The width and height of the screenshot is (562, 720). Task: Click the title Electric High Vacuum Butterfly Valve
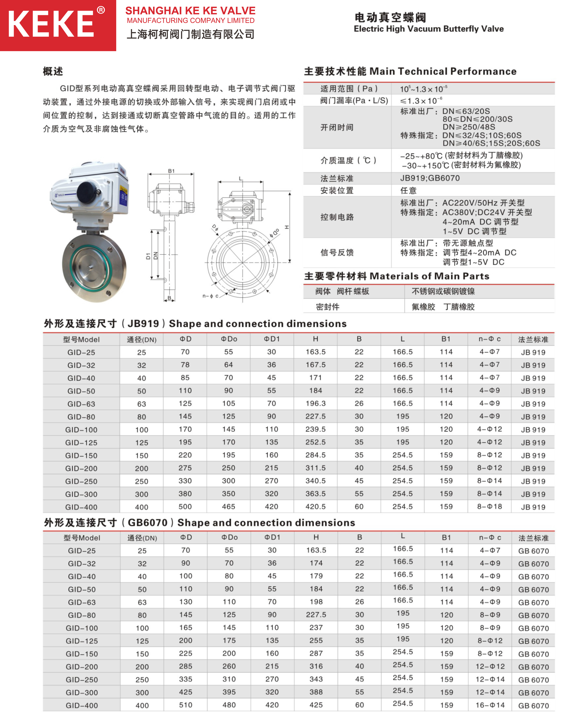tap(428, 29)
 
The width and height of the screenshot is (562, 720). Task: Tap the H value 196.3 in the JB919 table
tap(315, 404)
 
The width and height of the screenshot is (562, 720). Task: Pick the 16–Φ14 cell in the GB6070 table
tap(490, 705)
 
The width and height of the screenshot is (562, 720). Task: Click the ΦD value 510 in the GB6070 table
tap(186, 705)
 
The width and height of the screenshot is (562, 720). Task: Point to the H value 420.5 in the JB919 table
tap(315, 506)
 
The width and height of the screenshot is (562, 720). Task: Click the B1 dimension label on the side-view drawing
tap(171, 171)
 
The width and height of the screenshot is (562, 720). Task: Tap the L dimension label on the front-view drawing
tap(240, 178)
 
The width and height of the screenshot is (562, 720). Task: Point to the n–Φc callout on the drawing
tap(210, 296)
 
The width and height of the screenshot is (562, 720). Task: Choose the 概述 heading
tap(53, 71)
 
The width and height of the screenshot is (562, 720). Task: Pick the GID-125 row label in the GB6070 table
tap(82, 641)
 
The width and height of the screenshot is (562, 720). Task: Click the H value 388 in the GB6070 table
tap(316, 692)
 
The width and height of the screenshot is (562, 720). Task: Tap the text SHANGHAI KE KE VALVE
tap(190, 11)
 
